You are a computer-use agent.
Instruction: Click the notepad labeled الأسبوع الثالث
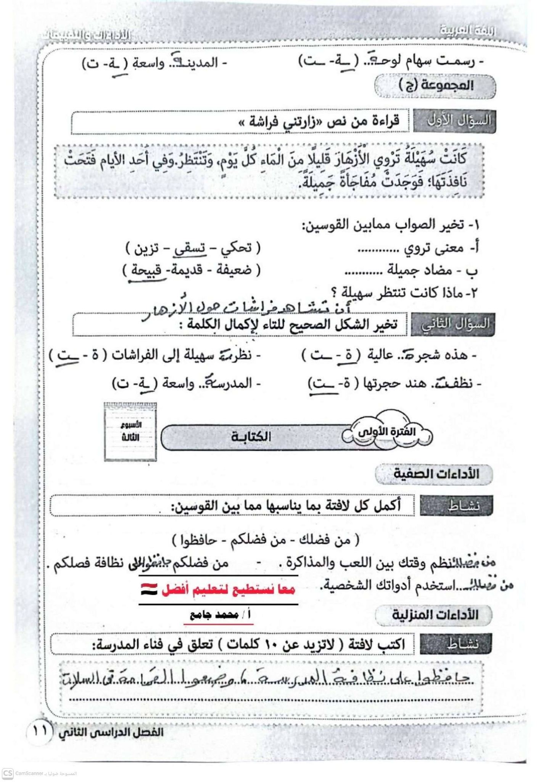click(130, 431)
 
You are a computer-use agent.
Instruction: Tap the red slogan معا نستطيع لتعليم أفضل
click(229, 590)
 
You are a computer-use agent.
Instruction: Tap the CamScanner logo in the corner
click(8, 773)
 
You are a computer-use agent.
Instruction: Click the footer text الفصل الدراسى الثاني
click(111, 732)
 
